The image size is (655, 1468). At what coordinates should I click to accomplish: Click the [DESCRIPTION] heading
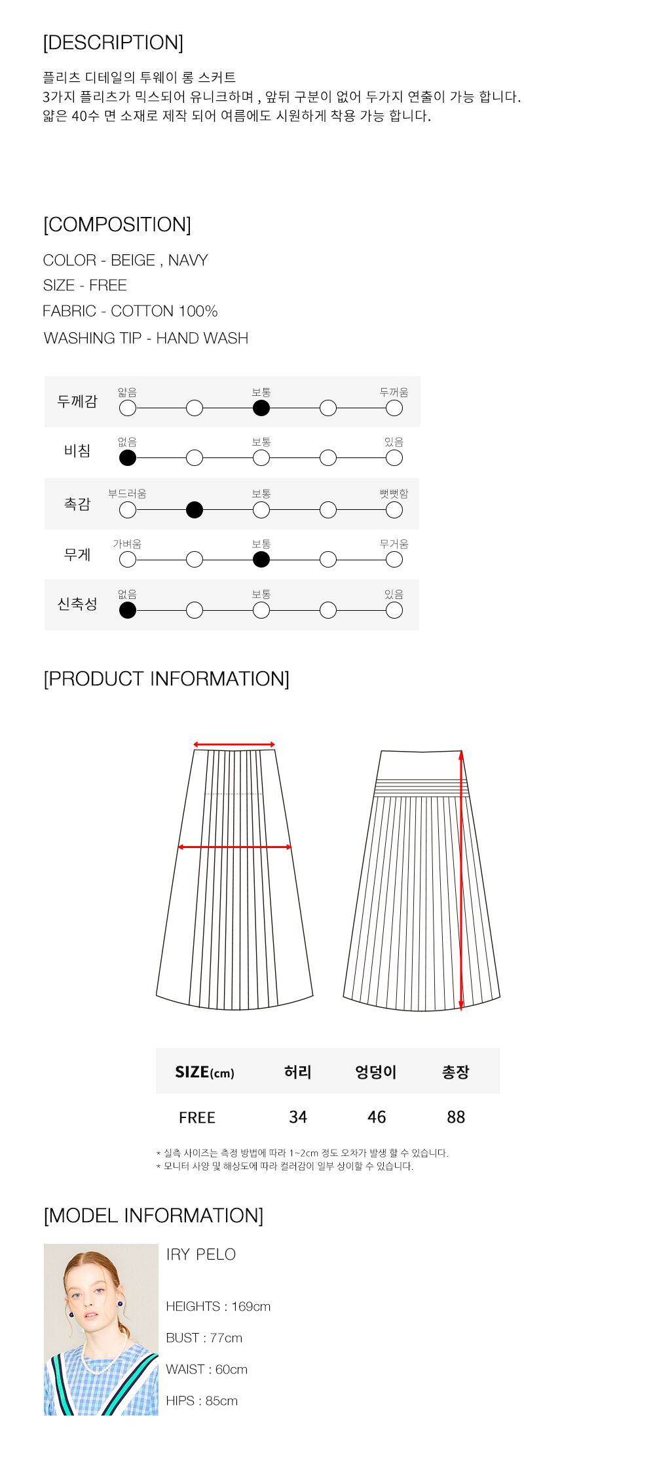[x=113, y=43]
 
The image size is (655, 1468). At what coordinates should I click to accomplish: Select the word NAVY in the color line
[x=188, y=260]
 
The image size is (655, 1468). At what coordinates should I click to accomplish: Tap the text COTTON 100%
[x=164, y=311]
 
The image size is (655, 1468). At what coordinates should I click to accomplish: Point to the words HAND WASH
[x=202, y=338]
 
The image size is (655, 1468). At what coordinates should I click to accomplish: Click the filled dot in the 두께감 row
[x=261, y=408]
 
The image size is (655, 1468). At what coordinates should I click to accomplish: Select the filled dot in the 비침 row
[x=128, y=458]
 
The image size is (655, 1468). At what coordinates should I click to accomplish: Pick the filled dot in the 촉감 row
[x=195, y=510]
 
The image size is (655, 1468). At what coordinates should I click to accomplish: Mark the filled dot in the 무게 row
[x=261, y=560]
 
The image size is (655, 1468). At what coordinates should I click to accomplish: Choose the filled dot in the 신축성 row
[x=128, y=610]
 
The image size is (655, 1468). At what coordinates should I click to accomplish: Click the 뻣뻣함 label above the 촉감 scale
[x=394, y=493]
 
